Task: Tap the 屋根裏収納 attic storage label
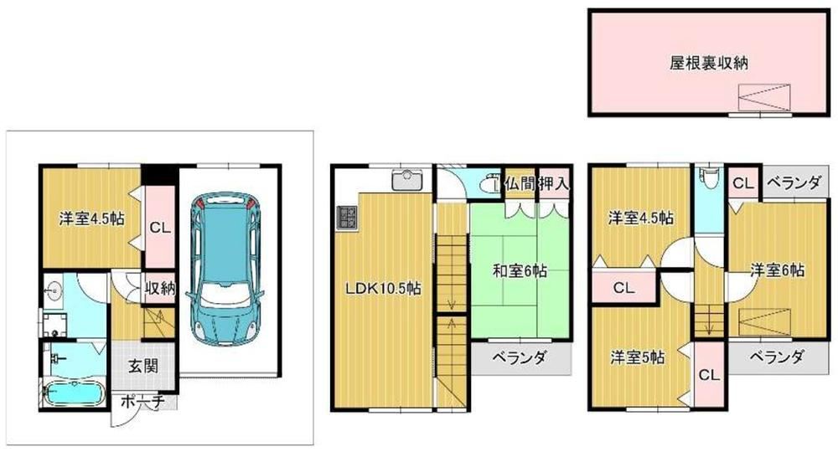point(708,63)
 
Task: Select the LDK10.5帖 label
point(383,289)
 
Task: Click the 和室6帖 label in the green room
point(520,271)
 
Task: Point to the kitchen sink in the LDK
point(407,180)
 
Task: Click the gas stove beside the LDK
point(347,218)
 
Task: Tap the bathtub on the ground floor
point(75,395)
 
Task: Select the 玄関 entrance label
point(142,367)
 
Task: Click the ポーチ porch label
point(142,402)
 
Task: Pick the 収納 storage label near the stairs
point(160,288)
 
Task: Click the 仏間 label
point(520,184)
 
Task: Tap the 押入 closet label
point(554,184)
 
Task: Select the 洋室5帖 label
point(638,357)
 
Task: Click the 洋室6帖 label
point(777,270)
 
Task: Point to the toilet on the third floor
point(709,177)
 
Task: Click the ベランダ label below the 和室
point(520,357)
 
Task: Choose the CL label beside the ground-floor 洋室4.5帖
point(160,228)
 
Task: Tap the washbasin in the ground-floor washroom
point(53,291)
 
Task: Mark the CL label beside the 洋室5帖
point(709,375)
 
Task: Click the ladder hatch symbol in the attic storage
point(763,97)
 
